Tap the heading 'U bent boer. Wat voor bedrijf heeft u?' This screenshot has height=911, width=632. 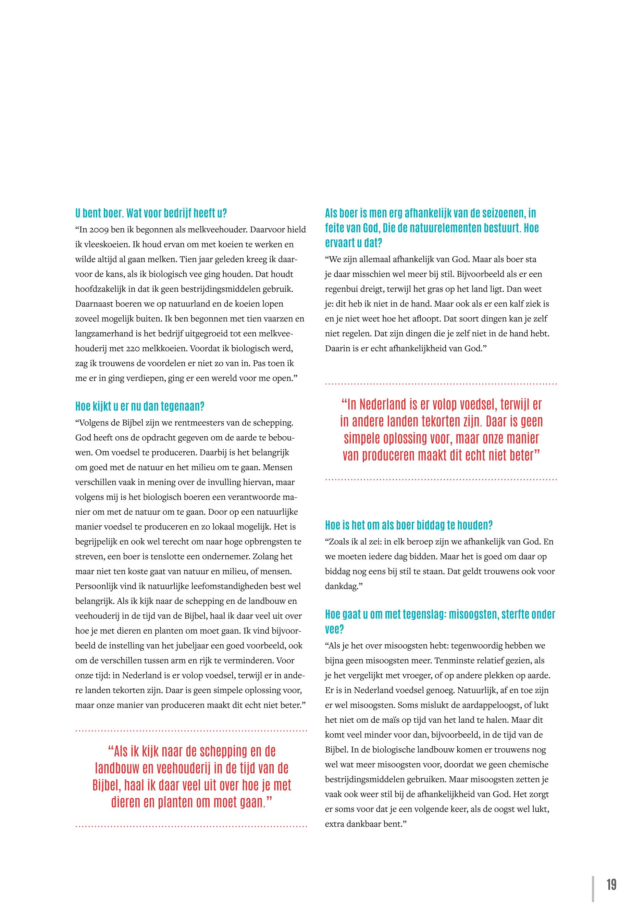(151, 213)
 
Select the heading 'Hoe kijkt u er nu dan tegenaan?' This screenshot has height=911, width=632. (140, 406)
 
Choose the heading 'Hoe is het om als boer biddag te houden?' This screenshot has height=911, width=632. (409, 525)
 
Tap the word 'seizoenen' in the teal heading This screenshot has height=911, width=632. (496, 213)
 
